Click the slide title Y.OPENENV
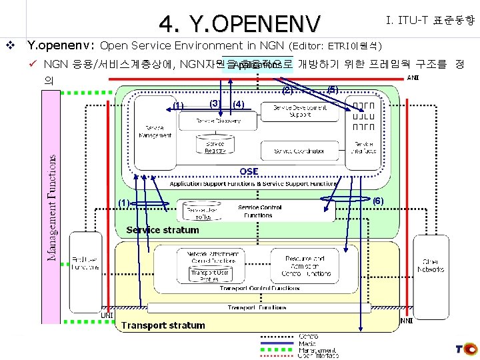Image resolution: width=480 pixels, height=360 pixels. point(239,25)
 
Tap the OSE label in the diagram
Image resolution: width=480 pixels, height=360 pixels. point(249,172)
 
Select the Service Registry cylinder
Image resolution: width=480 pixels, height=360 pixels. point(215,146)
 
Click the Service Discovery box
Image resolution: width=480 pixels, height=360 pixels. point(218,121)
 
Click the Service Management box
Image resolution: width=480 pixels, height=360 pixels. point(155,131)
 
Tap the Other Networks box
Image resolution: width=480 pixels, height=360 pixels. point(430,265)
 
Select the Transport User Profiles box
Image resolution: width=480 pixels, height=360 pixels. point(209,275)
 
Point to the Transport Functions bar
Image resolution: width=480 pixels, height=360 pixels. point(257,307)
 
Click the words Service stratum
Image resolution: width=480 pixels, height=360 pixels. point(163,230)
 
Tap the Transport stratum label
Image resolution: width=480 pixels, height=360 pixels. point(163,325)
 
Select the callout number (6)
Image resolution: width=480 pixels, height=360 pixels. point(378,201)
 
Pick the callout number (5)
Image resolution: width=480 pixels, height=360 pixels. point(332,89)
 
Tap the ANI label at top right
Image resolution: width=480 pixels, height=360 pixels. point(413,77)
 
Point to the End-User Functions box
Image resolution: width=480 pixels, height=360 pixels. point(85,263)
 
